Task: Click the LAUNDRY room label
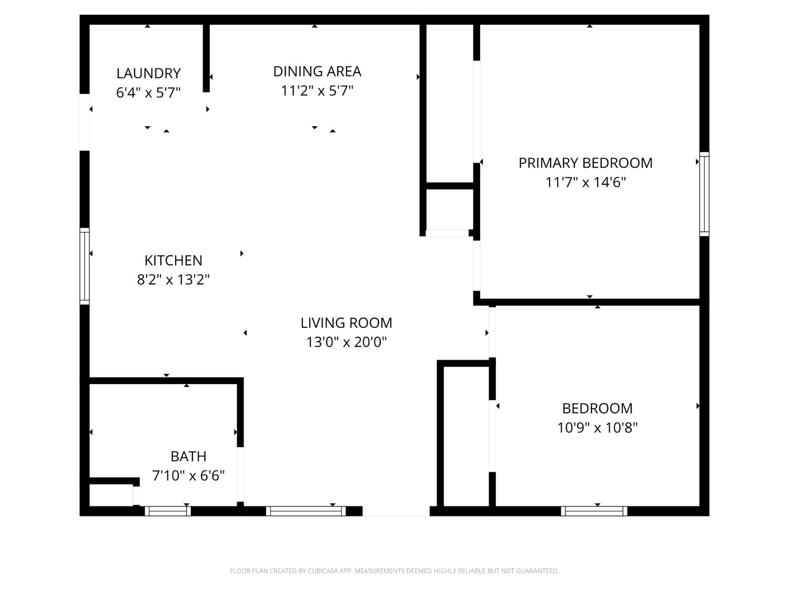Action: tap(148, 73)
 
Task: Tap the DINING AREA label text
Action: tap(317, 71)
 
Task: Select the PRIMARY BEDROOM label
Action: tap(585, 163)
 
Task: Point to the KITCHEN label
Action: tap(173, 260)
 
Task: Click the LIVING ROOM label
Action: tap(346, 323)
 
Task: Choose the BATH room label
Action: tap(188, 456)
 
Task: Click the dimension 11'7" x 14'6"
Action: tap(585, 182)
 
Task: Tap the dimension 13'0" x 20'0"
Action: tap(346, 342)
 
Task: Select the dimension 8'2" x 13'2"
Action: tap(173, 279)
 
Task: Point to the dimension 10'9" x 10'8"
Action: tap(597, 428)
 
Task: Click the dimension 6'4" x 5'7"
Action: tap(148, 93)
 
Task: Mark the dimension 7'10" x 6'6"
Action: tap(188, 475)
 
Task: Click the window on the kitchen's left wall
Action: tap(85, 266)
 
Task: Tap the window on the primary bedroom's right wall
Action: tap(704, 194)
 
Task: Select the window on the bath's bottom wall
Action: tap(167, 511)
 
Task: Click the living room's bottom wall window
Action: tap(306, 511)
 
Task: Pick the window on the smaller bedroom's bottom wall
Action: tap(594, 511)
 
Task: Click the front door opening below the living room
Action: tap(396, 511)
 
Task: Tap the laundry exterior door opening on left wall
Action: tap(85, 122)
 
